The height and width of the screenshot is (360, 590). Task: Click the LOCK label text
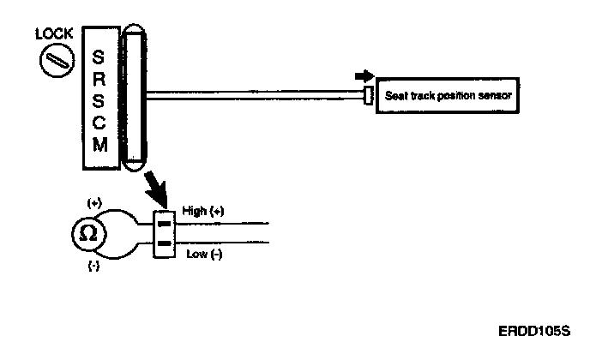point(53,34)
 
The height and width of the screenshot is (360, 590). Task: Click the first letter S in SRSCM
point(99,59)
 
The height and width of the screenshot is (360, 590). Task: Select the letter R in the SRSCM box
point(99,80)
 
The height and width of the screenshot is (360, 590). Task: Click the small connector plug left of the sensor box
point(368,96)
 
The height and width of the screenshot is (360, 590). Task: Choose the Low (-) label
point(204,254)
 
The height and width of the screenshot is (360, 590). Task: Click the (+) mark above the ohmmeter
point(94,203)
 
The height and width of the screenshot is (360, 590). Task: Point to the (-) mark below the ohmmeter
point(93,267)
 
